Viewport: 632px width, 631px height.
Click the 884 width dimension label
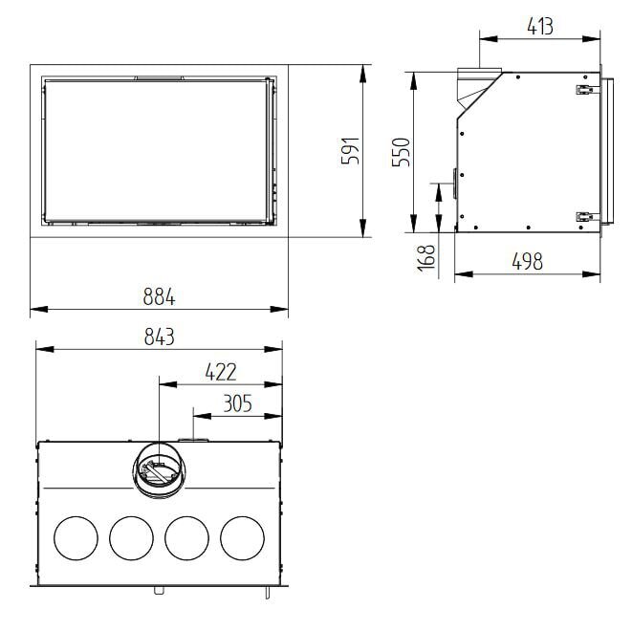(x=160, y=296)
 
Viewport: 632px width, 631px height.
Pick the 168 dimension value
(x=426, y=256)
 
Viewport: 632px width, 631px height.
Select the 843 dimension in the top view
(x=159, y=336)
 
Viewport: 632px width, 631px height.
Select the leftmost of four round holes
(x=76, y=538)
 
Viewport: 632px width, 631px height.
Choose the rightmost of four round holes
(x=243, y=538)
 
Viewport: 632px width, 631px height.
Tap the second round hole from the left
(x=131, y=538)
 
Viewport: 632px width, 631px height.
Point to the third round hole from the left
(x=187, y=538)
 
